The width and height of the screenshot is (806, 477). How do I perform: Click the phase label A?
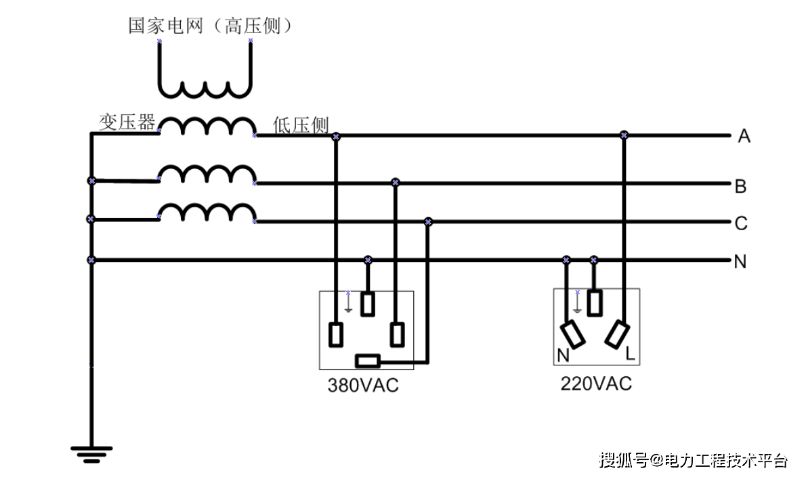744,137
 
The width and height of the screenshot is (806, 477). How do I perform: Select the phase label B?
740,186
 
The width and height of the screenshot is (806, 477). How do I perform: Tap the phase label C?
741,223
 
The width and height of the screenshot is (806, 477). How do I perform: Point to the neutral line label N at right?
740,262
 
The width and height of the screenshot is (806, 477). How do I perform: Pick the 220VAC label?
596,384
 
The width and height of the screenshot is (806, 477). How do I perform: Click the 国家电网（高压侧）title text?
210,26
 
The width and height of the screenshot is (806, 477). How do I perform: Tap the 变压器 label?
127,122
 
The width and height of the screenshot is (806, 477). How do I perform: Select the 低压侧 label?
301,125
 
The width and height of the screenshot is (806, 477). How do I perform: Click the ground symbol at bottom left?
91,452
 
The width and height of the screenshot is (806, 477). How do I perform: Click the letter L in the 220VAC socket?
629,353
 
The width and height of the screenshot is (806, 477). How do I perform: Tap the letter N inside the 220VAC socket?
563,355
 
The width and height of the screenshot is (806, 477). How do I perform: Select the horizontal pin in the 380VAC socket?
368,360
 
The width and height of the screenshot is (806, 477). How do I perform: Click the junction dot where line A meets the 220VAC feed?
624,135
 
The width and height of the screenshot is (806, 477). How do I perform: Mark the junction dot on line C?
428,222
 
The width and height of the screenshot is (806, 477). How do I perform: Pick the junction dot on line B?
396,183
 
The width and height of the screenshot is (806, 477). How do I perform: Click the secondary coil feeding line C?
207,213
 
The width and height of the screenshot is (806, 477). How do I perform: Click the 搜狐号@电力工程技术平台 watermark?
693,461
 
